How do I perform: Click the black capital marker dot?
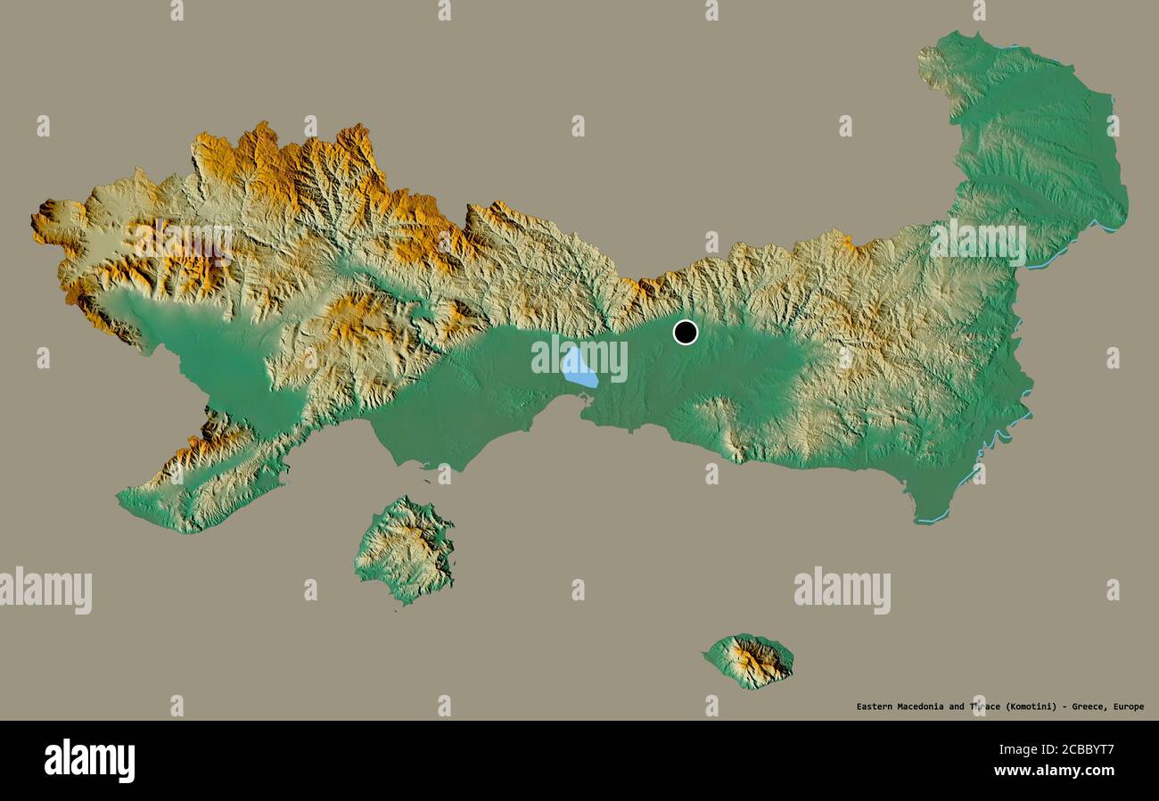click(685, 332)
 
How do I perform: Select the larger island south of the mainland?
click(406, 549)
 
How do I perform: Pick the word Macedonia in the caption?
click(923, 706)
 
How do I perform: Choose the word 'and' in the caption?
click(957, 706)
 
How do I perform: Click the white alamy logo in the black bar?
click(89, 761)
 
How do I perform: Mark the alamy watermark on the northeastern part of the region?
click(977, 241)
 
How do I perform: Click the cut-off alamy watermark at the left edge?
click(45, 590)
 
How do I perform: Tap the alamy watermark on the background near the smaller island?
click(842, 590)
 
